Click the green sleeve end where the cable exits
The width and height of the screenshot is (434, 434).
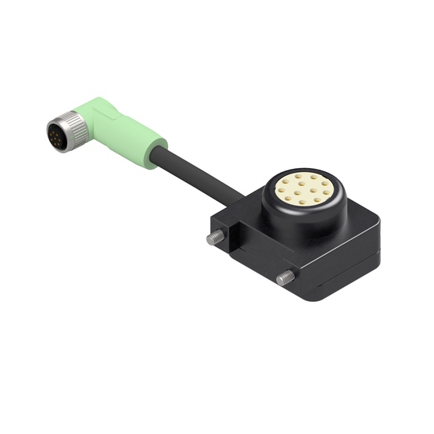click(156, 148)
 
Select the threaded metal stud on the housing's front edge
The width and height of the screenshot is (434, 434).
click(285, 277)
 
